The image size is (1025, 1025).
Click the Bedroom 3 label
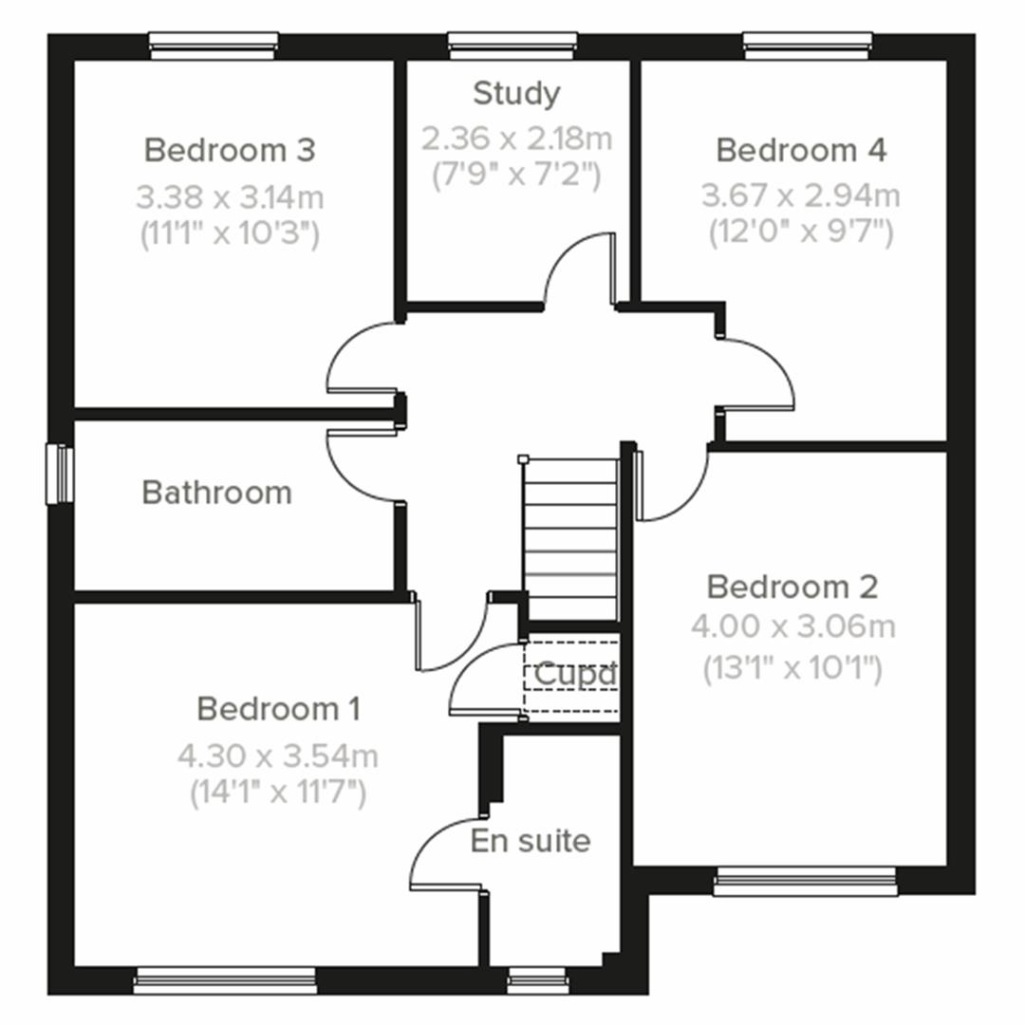[x=229, y=150]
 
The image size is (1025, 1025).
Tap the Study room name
[x=516, y=93]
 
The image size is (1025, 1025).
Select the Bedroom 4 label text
[x=801, y=150]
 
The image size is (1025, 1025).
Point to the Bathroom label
[x=216, y=493]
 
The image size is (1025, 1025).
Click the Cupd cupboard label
[x=575, y=674]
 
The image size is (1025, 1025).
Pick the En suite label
[x=530, y=841]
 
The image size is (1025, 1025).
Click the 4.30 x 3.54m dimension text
[x=277, y=756]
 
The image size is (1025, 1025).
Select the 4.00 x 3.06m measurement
[x=792, y=626]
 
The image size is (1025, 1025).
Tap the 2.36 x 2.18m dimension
[x=516, y=139]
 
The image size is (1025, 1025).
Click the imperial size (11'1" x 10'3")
[x=229, y=233]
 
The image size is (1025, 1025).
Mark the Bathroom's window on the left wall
[x=60, y=475]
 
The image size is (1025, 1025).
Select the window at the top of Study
[x=512, y=45]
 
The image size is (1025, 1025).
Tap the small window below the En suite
[x=537, y=979]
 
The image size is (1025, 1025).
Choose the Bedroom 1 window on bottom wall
[x=225, y=979]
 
